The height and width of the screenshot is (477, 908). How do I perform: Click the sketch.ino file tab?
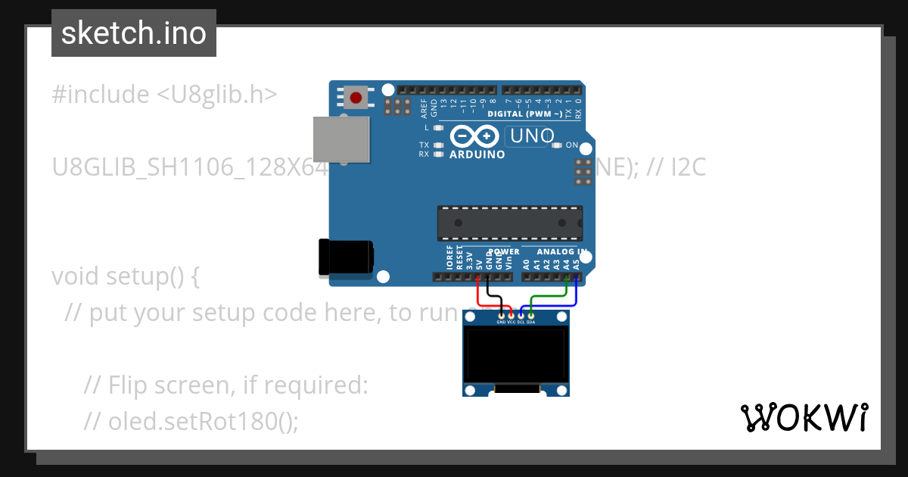tap(134, 33)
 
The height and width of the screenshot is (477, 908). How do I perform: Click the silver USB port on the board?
tap(341, 139)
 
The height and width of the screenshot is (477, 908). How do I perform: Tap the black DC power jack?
tap(345, 257)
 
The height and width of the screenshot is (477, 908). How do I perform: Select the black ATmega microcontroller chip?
tap(510, 223)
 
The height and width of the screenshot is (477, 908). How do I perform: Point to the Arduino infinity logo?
tap(474, 137)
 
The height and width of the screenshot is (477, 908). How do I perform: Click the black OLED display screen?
tap(515, 355)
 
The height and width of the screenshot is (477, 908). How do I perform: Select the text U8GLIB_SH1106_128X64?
tap(189, 167)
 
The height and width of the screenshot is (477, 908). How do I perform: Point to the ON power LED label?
tap(572, 145)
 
